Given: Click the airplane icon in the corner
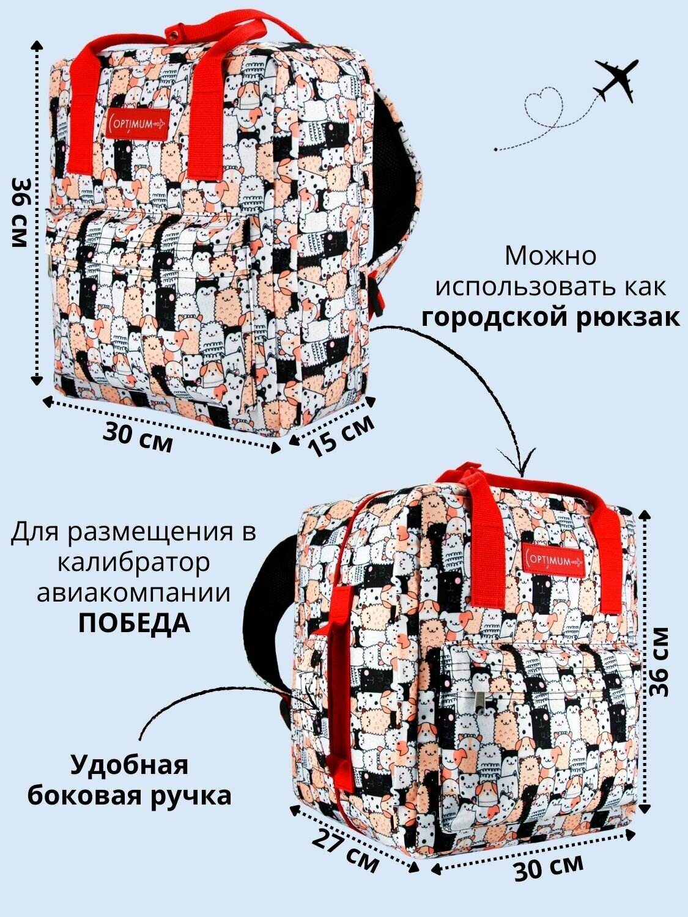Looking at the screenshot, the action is [615, 80].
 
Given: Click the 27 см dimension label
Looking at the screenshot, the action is [346, 850].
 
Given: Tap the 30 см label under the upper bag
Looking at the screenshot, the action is [138, 436].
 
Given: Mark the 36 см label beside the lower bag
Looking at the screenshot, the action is [660, 661].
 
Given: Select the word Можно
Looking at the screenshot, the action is [550, 256].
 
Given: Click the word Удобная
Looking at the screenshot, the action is [129, 765].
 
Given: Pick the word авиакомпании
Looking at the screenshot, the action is [134, 592].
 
